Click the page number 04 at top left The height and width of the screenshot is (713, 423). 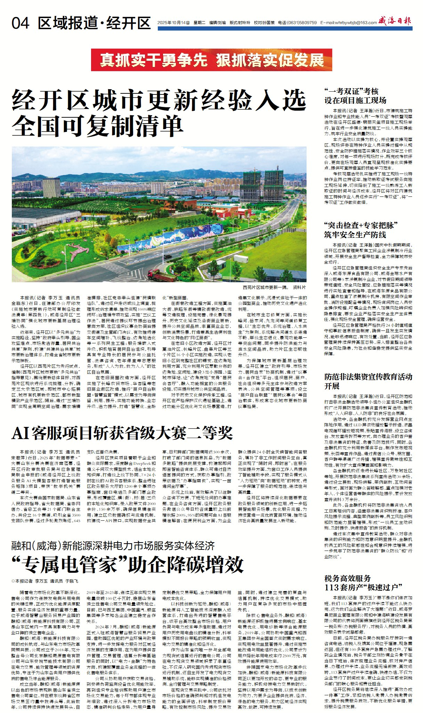tap(20, 23)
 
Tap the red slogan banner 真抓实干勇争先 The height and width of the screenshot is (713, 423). tap(154, 60)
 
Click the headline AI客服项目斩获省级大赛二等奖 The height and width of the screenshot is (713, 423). tap(122, 433)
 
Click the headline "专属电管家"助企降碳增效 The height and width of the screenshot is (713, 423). tap(127, 564)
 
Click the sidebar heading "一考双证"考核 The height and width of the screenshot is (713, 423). tap(351, 91)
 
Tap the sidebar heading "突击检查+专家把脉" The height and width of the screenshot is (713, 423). tap(361, 225)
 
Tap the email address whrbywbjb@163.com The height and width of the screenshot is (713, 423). tap(355, 23)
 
